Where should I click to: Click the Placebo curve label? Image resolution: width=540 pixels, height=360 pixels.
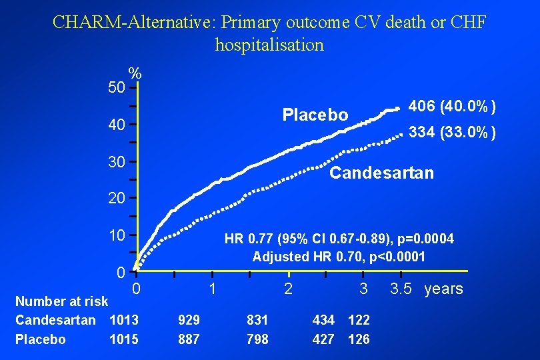click(315, 115)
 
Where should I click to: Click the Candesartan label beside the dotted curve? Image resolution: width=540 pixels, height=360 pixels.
click(381, 173)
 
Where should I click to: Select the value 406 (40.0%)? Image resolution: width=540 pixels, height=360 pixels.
click(451, 107)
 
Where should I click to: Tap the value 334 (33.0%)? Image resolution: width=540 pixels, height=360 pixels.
click(451, 133)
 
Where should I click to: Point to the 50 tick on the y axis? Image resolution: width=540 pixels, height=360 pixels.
click(117, 87)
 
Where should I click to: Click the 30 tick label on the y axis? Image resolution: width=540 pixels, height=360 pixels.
click(117, 162)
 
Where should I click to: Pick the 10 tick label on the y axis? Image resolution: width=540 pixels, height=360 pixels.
click(117, 236)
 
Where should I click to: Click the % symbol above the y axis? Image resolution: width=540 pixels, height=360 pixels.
click(135, 73)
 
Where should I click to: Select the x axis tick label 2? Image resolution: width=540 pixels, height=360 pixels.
click(287, 289)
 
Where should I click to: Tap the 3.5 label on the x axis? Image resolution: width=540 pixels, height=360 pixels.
click(400, 289)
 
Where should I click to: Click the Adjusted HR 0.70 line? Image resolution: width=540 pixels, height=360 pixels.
click(338, 257)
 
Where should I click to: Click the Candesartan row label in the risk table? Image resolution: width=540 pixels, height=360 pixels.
click(55, 320)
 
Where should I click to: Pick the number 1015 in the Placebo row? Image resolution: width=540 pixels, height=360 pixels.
click(124, 339)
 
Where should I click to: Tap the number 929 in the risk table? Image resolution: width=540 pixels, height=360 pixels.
click(189, 320)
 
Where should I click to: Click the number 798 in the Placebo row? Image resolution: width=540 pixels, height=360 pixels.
click(257, 339)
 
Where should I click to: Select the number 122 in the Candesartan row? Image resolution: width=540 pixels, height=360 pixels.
click(359, 320)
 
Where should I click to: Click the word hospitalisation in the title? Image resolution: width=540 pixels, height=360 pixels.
click(269, 45)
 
